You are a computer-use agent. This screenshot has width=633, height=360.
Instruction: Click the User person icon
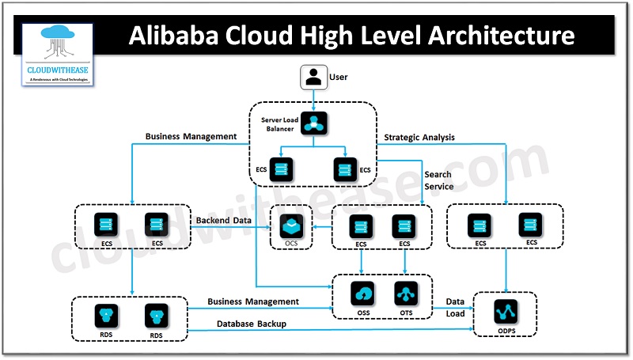coord(313,78)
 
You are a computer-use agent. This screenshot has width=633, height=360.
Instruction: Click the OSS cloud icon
coord(365,294)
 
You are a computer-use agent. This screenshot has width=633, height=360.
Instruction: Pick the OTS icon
coord(406,294)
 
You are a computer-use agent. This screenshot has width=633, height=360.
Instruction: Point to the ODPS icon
coord(505,310)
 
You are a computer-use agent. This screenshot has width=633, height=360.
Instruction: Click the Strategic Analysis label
coord(419,138)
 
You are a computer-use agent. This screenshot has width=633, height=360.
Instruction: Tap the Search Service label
coord(438,180)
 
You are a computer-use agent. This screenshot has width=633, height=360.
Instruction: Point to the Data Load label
coord(455,307)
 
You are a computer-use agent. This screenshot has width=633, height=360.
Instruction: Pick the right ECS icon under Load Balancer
coord(345,169)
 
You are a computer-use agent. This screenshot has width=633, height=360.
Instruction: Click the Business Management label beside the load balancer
coord(191,137)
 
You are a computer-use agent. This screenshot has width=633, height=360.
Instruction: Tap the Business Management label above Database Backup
coord(253,301)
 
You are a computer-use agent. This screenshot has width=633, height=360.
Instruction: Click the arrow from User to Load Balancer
coord(314,97)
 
